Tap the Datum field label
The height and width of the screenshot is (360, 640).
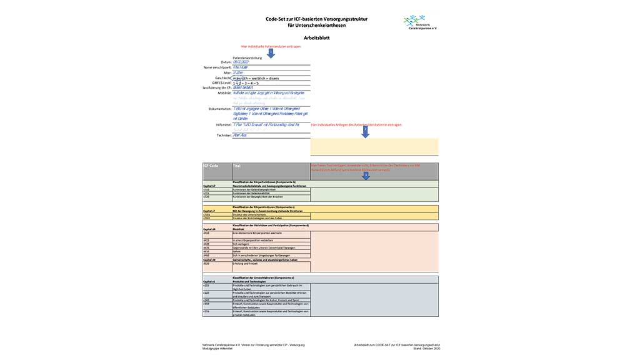(226, 62)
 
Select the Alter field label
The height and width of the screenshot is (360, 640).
(227, 72)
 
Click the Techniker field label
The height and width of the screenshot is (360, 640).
(223, 135)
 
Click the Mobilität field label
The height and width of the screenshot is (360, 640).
(224, 93)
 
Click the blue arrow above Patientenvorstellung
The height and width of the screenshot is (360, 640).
(271, 52)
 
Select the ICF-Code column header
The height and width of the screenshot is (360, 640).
(210, 166)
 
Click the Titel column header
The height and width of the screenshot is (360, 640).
(237, 166)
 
